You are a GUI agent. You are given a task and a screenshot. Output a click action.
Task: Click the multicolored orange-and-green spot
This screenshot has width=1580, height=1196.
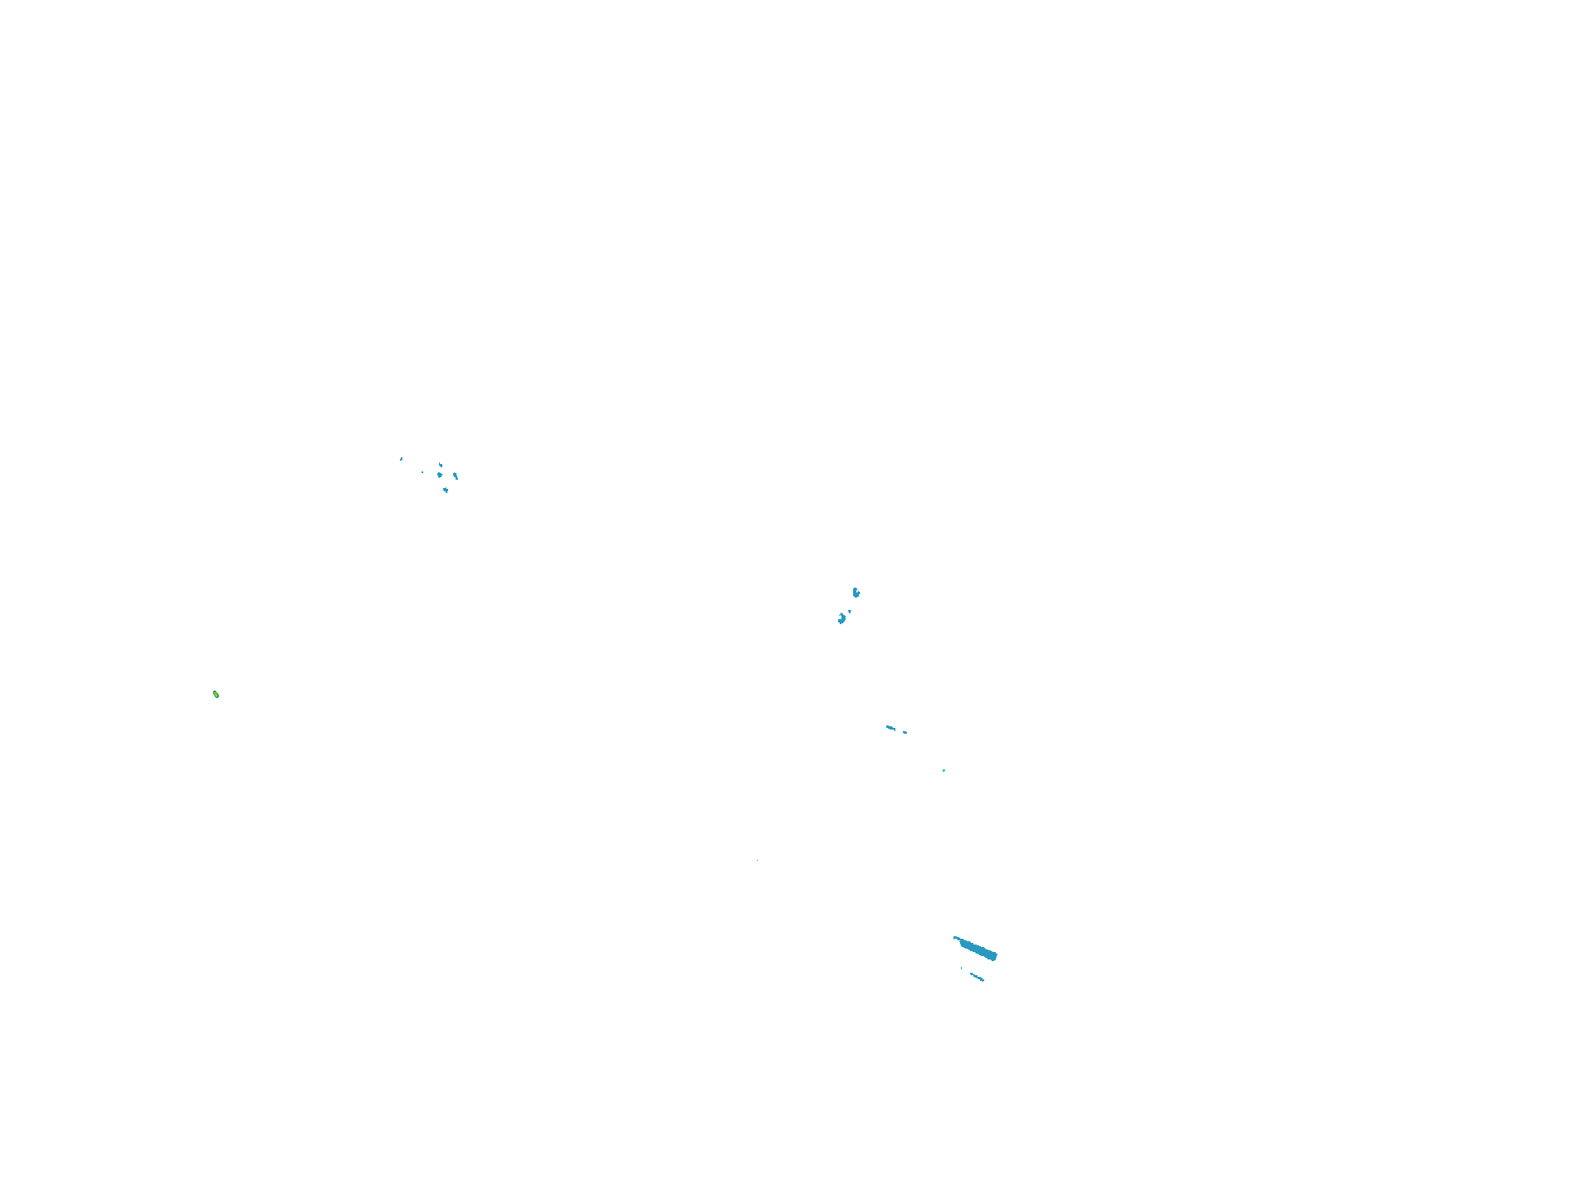tap(216, 694)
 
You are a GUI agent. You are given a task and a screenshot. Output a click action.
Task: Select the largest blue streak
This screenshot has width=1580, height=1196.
tap(977, 949)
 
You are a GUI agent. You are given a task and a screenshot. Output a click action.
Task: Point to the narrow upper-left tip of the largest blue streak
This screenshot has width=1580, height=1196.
tap(956, 938)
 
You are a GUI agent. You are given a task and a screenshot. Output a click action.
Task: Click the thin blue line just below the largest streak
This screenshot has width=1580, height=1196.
tap(977, 977)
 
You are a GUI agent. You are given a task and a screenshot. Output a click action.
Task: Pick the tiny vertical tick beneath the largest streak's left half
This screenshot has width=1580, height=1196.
tap(962, 968)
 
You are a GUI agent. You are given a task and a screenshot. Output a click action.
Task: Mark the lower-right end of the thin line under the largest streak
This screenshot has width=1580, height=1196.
tap(983, 980)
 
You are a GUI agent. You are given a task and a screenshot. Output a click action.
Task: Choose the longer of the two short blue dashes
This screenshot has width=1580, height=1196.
tap(890, 728)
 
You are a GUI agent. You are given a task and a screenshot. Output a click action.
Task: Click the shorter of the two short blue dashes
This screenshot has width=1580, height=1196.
tap(905, 732)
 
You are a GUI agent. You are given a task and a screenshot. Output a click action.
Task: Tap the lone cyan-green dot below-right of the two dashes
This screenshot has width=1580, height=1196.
tap(944, 770)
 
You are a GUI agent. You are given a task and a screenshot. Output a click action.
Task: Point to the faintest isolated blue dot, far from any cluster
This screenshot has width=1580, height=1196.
tap(758, 860)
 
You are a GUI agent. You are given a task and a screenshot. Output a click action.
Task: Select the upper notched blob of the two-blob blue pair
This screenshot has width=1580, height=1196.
tap(856, 593)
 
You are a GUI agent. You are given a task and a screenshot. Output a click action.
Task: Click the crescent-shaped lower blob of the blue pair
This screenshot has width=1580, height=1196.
tap(841, 618)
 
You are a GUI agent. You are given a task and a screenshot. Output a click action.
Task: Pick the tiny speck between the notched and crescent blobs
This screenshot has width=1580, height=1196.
tap(850, 611)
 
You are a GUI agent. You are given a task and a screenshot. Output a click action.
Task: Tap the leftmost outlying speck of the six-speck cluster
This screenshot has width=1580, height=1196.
tap(402, 458)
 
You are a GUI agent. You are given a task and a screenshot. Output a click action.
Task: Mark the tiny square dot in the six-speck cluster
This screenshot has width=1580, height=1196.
tap(422, 472)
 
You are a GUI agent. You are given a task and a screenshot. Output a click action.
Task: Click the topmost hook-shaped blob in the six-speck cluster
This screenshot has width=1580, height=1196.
tap(441, 465)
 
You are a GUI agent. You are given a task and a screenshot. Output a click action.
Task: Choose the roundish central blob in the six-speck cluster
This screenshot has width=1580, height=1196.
tap(440, 476)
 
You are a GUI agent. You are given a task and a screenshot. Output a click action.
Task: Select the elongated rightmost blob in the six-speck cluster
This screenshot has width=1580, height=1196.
tap(456, 476)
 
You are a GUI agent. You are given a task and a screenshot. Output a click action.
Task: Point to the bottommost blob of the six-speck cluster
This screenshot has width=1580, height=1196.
tap(446, 490)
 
